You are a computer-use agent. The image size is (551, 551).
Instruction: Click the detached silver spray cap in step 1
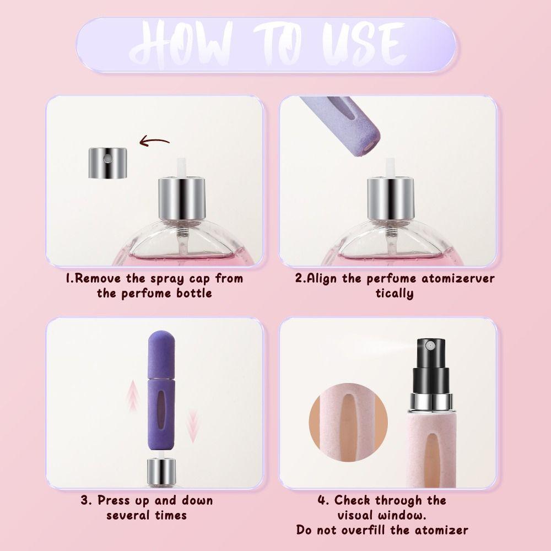pyautogui.click(x=107, y=163)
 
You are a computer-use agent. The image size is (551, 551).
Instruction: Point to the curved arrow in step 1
pyautogui.click(x=154, y=142)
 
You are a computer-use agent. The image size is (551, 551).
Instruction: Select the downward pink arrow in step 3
pyautogui.click(x=192, y=428)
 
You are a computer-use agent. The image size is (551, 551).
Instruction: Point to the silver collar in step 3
pyautogui.click(x=161, y=472)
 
